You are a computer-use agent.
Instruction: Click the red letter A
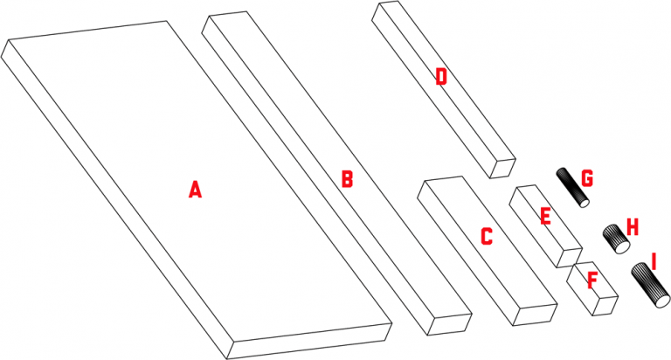click(195, 190)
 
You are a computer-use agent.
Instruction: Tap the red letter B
click(347, 179)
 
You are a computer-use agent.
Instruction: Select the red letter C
click(487, 236)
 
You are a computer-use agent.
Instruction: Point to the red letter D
click(441, 77)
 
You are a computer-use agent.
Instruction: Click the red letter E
click(545, 216)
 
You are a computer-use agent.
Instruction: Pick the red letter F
click(592, 280)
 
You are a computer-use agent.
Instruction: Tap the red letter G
click(587, 178)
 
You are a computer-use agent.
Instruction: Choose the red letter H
click(633, 227)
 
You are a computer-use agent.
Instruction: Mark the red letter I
click(654, 261)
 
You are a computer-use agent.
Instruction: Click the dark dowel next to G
click(572, 188)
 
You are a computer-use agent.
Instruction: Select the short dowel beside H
click(616, 239)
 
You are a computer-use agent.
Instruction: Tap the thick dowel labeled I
click(650, 286)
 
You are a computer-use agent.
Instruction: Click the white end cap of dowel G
click(584, 203)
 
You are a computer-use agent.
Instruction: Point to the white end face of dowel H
click(623, 247)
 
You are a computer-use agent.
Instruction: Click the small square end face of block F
click(605, 306)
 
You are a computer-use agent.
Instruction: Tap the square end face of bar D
click(502, 169)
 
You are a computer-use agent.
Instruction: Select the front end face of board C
click(535, 315)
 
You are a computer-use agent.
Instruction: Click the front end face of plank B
click(450, 325)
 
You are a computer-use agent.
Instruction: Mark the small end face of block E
click(570, 258)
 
